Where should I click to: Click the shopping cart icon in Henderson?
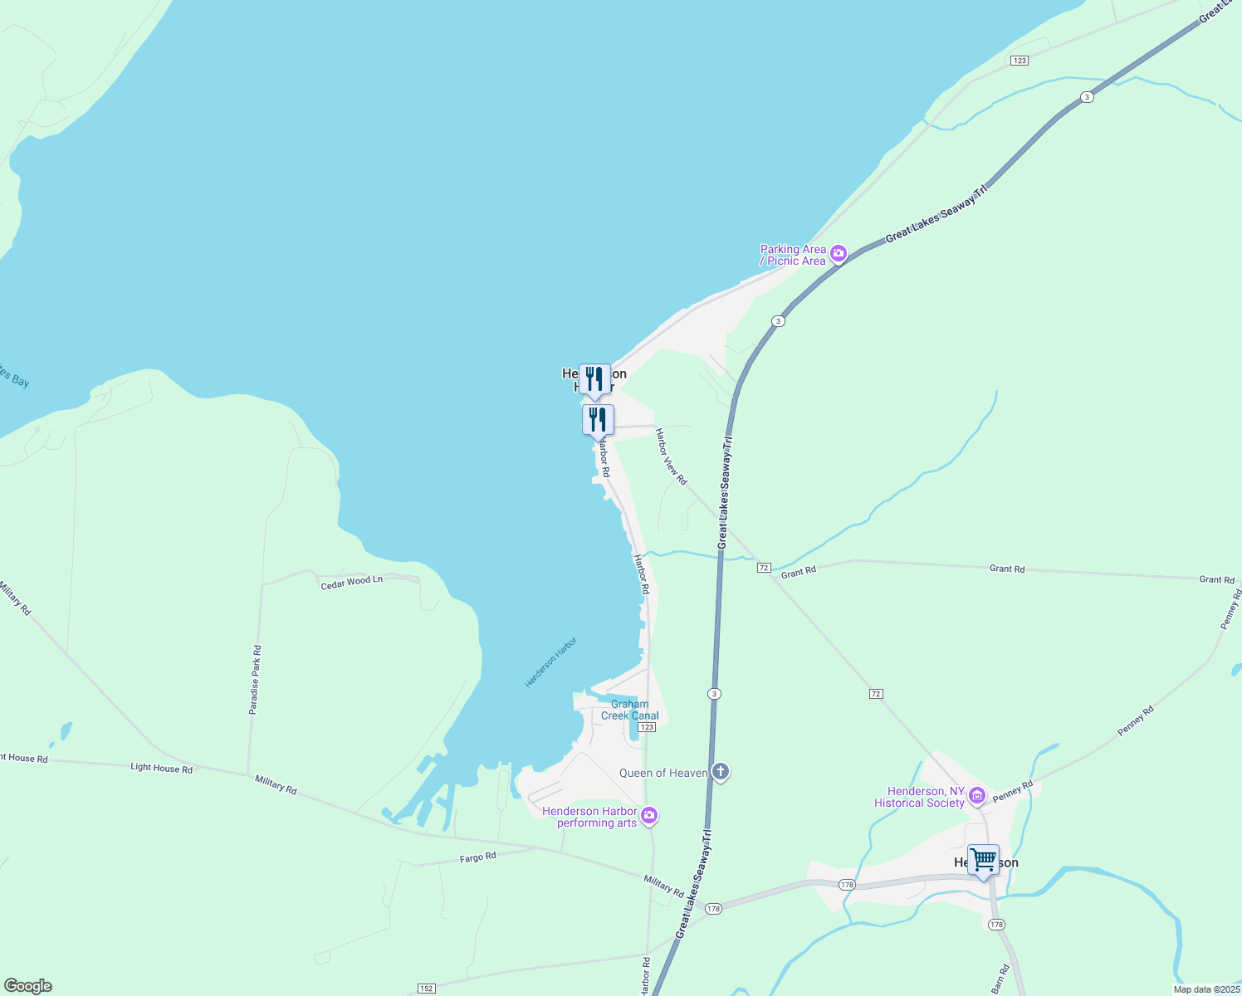tap(983, 860)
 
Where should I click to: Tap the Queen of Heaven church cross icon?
tap(721, 773)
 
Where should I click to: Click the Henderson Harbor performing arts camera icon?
tap(650, 817)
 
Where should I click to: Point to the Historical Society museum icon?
tap(977, 797)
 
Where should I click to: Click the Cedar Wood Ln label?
tap(352, 582)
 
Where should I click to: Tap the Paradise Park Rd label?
tap(256, 680)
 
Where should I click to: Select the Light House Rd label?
tap(161, 768)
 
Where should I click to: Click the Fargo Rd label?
tap(478, 857)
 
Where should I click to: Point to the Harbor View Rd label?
tap(671, 456)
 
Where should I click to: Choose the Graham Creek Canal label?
tap(630, 710)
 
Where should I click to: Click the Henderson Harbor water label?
tap(550, 662)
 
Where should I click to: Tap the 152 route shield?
tap(426, 989)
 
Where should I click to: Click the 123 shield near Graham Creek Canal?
tap(648, 727)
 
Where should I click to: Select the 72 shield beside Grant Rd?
tap(764, 568)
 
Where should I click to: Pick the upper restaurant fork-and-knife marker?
tap(594, 378)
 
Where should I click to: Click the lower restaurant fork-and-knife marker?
tap(598, 419)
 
